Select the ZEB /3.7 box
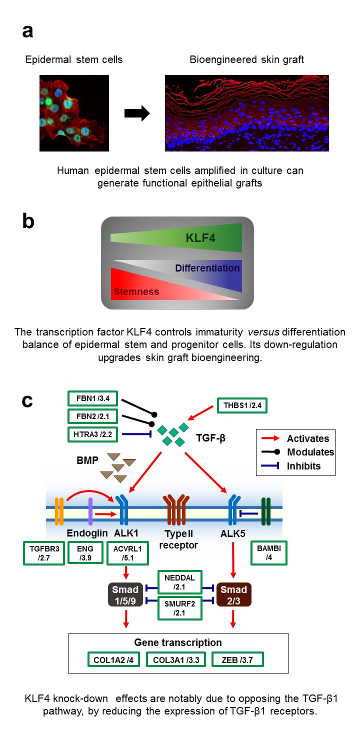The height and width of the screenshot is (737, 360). click(238, 660)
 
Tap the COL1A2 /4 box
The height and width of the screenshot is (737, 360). click(113, 660)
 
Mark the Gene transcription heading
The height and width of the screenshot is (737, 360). click(178, 642)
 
